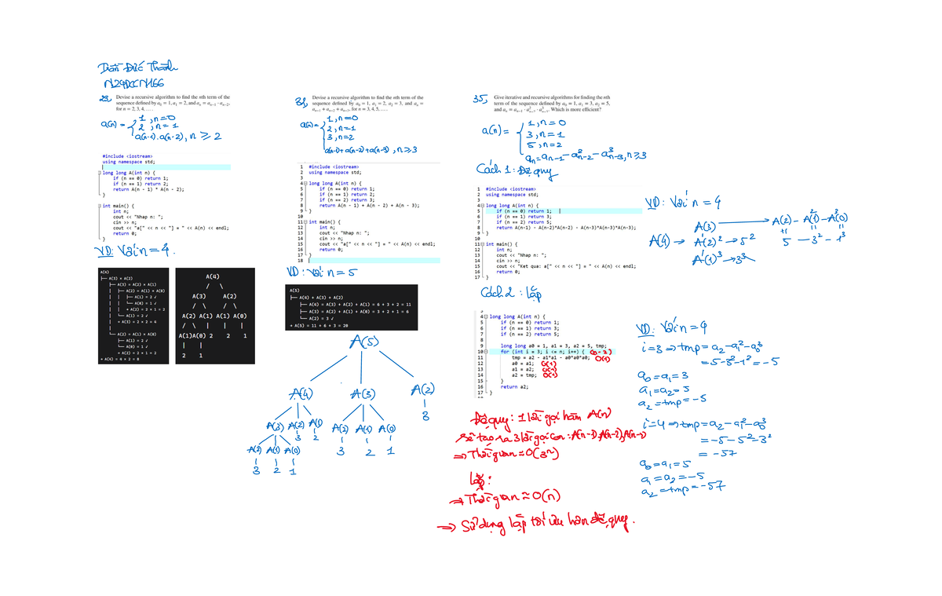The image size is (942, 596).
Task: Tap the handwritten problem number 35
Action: (x=478, y=98)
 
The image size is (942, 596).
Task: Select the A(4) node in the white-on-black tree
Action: (x=212, y=277)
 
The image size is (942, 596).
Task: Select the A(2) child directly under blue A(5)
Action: (x=423, y=390)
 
